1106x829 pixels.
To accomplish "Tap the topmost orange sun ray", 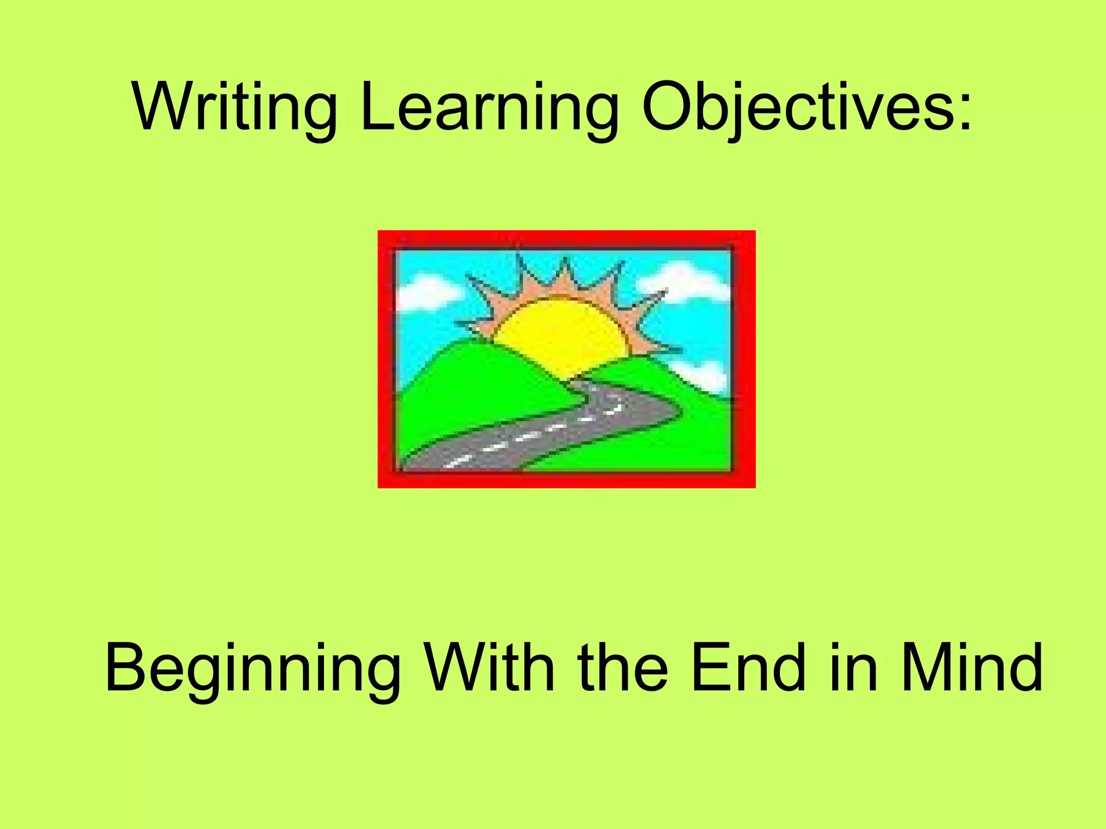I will click(x=565, y=278).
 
